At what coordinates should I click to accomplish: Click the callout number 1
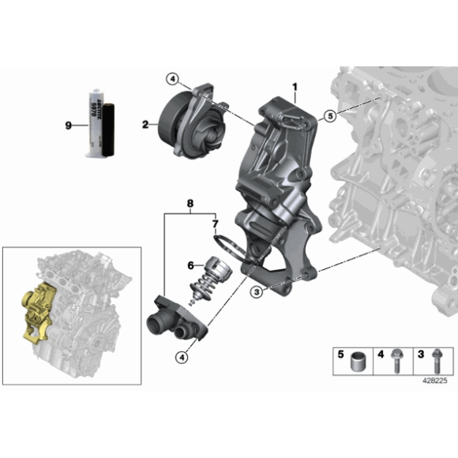(295, 86)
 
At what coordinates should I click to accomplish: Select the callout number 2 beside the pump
(145, 124)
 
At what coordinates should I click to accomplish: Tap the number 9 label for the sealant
(69, 124)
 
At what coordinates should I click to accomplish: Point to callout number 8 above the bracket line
(190, 203)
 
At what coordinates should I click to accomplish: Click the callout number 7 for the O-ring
(214, 225)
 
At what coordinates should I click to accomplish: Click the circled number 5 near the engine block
(330, 116)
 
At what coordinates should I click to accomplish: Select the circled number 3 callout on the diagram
(256, 292)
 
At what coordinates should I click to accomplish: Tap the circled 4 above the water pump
(173, 77)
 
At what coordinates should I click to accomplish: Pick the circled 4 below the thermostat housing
(182, 358)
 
